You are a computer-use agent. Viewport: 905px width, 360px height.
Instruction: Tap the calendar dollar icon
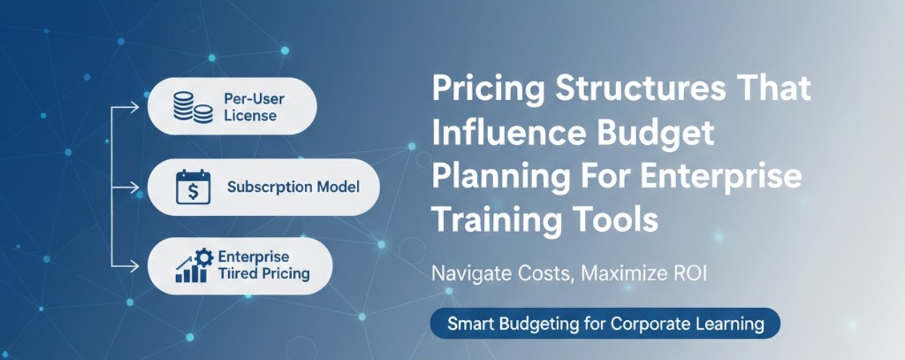193,187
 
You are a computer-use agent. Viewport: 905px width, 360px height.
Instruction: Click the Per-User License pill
232,106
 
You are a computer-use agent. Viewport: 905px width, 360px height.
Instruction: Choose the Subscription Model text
293,187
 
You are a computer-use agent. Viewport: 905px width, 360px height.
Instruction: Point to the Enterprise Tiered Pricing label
264,266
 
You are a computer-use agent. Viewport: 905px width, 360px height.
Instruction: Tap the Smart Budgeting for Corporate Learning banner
605,323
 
